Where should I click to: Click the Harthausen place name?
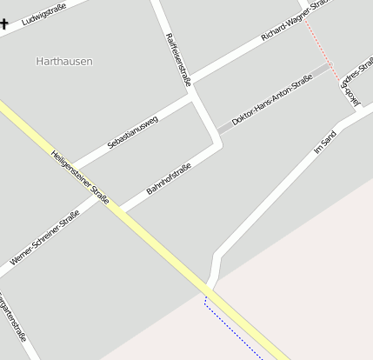click(x=64, y=62)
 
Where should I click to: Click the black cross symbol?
click(x=3, y=23)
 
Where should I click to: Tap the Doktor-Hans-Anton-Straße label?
click(x=271, y=100)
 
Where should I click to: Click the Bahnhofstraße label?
click(x=169, y=173)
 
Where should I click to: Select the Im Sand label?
click(x=324, y=143)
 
